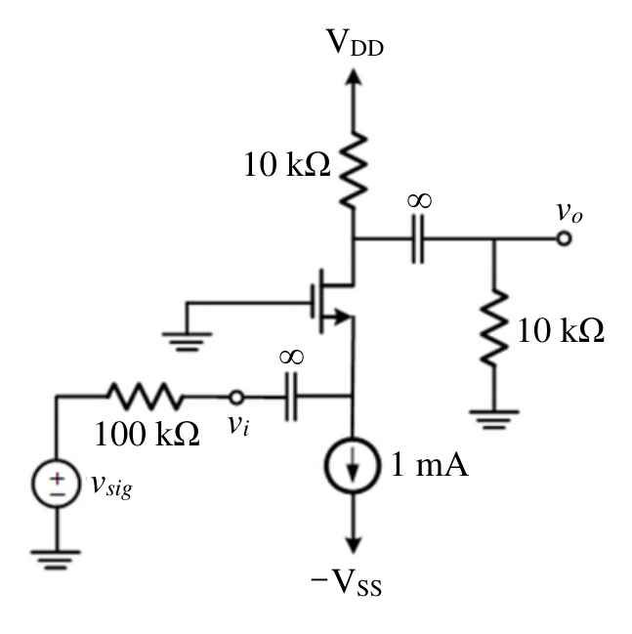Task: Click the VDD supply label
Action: click(x=355, y=42)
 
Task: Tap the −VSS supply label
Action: click(x=347, y=582)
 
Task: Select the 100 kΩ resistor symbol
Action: click(x=145, y=396)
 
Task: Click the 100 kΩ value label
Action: click(x=147, y=434)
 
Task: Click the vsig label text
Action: click(x=111, y=486)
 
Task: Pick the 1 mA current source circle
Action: click(x=353, y=465)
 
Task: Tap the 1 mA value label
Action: click(x=430, y=464)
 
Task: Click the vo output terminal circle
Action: click(x=564, y=238)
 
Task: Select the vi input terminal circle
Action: click(x=236, y=397)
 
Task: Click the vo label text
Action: click(x=569, y=212)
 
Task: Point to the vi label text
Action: click(x=238, y=425)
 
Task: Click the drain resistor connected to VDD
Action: click(x=354, y=170)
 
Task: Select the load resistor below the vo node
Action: click(x=493, y=327)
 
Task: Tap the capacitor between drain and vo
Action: click(x=418, y=239)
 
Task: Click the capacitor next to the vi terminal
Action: click(x=291, y=397)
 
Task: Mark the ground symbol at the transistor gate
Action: click(x=187, y=342)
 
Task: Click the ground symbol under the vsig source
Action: click(x=56, y=560)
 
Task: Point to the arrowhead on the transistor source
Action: click(x=342, y=317)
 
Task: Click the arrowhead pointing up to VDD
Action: click(x=354, y=77)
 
